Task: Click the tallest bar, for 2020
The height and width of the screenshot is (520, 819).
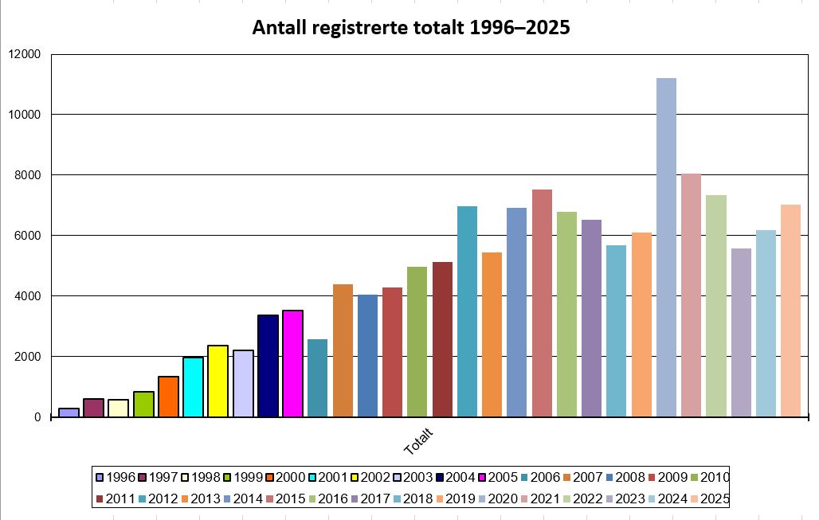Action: coord(666,247)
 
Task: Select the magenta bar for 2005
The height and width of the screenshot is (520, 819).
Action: coord(292,363)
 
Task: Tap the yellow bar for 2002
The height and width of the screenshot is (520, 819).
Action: coord(217,381)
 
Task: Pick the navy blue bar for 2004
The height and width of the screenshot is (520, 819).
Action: coord(268,366)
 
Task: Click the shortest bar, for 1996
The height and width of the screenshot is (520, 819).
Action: coord(69,412)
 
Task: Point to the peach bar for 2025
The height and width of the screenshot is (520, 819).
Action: coord(790,311)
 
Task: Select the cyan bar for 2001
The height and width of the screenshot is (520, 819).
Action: coord(193,386)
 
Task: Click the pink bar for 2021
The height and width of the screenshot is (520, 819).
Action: coord(691,295)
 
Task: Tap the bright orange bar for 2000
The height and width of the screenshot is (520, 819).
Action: coord(168,396)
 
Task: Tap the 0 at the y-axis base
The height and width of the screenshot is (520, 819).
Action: coord(37,417)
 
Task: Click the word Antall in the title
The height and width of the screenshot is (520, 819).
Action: coord(279,28)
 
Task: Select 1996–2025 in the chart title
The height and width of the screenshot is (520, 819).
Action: coord(519,28)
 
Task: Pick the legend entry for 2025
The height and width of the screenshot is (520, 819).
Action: coord(709,499)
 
